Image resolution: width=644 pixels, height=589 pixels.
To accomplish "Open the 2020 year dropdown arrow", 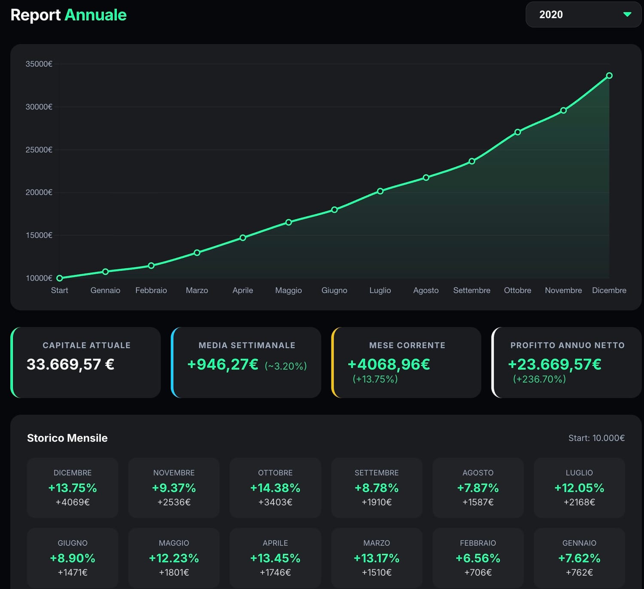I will point(627,15).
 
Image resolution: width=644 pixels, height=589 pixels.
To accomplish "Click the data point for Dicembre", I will point(609,76).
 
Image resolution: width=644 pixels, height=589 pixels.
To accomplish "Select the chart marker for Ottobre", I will point(517,132).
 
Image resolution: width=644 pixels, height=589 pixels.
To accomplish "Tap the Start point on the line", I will point(60,278).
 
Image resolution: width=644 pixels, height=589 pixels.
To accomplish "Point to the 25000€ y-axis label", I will point(39,150).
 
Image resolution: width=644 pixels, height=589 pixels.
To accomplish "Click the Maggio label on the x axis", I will point(288,290).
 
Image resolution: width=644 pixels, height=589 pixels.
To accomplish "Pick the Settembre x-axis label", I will point(471,290).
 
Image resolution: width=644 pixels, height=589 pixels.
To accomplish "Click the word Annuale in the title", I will point(95,15).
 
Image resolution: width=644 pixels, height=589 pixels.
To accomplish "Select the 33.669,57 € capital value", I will point(70,364).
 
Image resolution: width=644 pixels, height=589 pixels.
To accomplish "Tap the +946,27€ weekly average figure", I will point(222,364).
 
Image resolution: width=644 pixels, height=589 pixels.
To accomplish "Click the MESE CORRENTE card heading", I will point(407,345).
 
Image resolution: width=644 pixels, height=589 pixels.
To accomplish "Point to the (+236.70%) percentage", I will point(539,379).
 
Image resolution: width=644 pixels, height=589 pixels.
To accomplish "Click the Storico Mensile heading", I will point(67,438).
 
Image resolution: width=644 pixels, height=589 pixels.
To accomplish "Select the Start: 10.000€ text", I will point(596,438).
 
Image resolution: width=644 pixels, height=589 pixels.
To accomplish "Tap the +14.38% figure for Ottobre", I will point(275,488).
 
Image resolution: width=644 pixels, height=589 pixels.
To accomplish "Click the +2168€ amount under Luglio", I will point(579,502).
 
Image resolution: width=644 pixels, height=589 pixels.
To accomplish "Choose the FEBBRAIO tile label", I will point(478,543).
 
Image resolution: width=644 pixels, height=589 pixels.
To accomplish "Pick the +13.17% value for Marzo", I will point(377,558).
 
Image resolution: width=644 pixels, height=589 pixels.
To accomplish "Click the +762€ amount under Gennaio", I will point(579,572).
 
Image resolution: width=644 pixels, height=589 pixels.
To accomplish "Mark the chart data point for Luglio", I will point(380,191).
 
